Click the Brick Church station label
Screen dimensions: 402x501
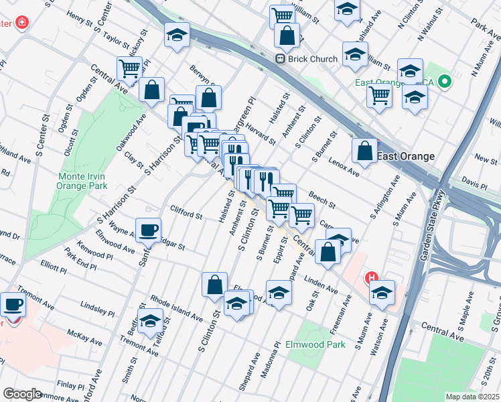click(313, 59)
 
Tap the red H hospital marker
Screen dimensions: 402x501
click(371, 277)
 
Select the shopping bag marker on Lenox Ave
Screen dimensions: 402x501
click(364, 152)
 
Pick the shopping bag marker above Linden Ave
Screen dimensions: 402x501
click(328, 253)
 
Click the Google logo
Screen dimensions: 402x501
click(23, 394)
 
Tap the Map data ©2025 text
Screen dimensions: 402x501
click(472, 397)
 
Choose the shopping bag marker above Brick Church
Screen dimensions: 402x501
click(287, 36)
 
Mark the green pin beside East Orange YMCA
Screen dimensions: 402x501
click(445, 83)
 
